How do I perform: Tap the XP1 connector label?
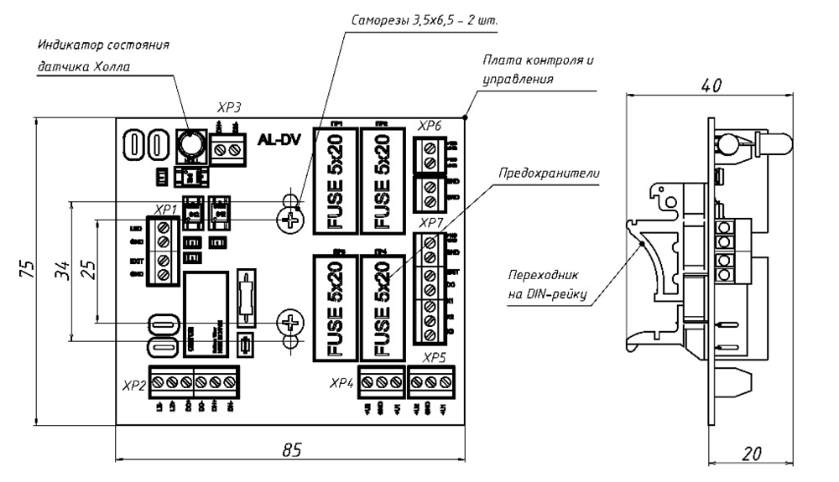coord(165,209)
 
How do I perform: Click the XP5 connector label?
coord(434,358)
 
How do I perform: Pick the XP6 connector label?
coord(430,126)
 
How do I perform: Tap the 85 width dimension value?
coord(291,449)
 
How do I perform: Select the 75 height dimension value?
coord(29,270)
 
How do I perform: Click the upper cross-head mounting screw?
coord(290,220)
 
